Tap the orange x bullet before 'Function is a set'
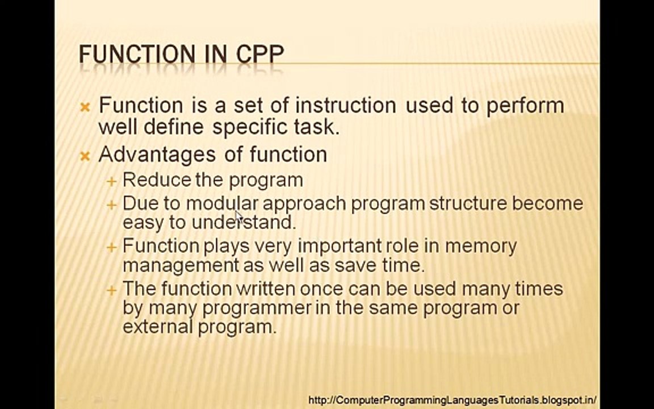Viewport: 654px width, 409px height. (x=85, y=107)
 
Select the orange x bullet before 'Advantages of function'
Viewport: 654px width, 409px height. (x=85, y=156)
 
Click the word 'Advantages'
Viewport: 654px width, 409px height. (x=149, y=155)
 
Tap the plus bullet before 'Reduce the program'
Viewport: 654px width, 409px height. (x=111, y=181)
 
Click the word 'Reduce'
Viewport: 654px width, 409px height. (x=156, y=180)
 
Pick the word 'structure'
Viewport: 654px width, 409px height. (x=468, y=203)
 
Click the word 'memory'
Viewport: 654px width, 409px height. (x=481, y=247)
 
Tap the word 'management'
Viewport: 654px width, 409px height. (x=181, y=266)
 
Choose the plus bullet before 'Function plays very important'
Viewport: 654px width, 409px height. (x=111, y=247)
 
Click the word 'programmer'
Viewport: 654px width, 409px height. (x=257, y=308)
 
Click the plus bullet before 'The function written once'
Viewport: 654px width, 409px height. (x=111, y=290)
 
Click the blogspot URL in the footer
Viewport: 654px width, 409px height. (x=452, y=400)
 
